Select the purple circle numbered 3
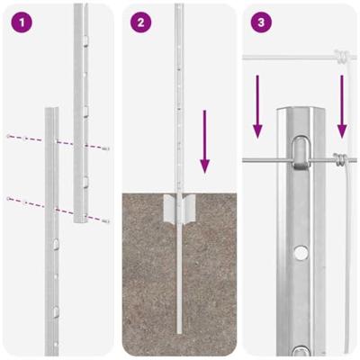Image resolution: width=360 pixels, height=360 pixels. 261,22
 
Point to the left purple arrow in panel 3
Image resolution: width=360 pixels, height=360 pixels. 257,107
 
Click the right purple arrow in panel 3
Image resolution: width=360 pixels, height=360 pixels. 342,107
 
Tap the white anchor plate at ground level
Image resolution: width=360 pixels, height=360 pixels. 179,212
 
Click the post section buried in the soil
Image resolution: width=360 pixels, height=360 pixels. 179,279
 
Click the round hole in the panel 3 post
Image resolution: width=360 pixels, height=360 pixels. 298,250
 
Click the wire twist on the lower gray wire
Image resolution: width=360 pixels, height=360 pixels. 339,161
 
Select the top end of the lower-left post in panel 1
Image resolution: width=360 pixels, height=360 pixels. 50,111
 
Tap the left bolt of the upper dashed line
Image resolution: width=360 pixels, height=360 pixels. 10,136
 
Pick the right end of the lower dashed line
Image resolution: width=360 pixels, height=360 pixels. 106,220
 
